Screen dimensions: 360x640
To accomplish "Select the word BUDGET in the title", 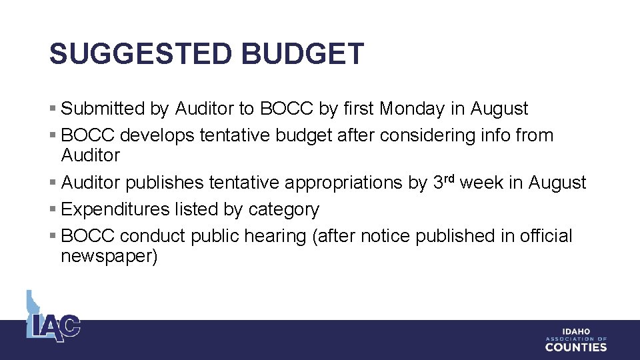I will pyautogui.click(x=303, y=54).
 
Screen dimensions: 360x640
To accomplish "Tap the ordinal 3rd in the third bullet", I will pyautogui.click(x=444, y=181).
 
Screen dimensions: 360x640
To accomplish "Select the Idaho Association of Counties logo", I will pyautogui.click(x=576, y=340).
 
